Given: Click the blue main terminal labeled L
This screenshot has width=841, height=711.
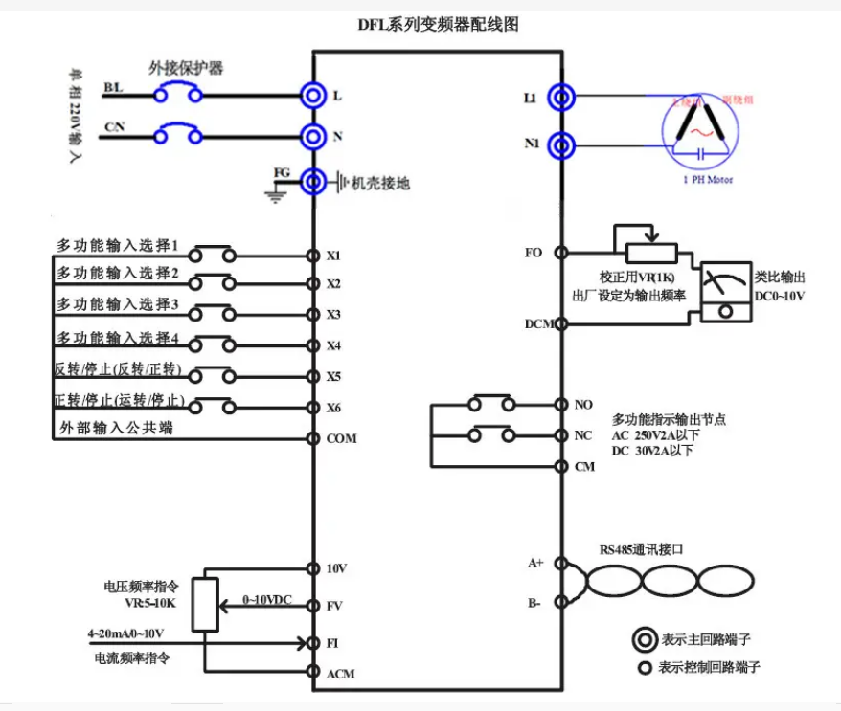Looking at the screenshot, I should (x=312, y=95).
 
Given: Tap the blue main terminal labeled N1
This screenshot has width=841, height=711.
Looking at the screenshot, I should (x=561, y=144).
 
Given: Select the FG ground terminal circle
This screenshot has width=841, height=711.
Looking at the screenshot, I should (x=312, y=181).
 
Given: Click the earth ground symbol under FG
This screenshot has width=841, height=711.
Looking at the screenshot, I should (x=276, y=194).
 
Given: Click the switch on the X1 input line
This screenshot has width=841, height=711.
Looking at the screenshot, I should (x=212, y=255).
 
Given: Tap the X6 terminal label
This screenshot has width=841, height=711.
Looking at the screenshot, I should (x=333, y=408).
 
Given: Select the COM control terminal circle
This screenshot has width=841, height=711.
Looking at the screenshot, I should (x=312, y=438).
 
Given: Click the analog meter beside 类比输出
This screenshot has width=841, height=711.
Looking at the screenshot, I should (x=725, y=293).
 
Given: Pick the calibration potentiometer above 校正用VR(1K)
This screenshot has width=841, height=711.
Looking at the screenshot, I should (x=651, y=251).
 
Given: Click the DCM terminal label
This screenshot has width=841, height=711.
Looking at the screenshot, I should (x=539, y=323).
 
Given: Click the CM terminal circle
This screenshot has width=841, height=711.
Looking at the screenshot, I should (x=562, y=466).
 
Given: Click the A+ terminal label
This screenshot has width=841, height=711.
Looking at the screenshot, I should (x=536, y=563).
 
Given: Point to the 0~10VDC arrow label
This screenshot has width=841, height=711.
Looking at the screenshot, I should (x=266, y=599).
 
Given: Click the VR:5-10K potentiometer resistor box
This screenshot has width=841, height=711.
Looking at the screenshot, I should (x=205, y=605).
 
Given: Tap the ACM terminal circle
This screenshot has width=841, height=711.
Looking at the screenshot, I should (x=312, y=673).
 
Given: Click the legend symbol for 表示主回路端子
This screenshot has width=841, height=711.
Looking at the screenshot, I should (x=644, y=638).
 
